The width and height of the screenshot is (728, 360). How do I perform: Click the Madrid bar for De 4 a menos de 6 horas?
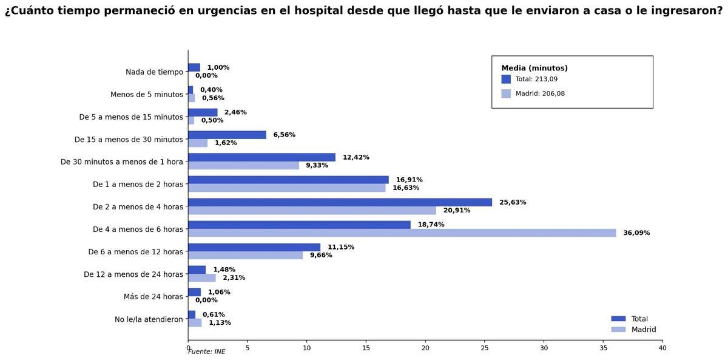[x=402, y=233]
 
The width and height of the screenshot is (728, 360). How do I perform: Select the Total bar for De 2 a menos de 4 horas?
[x=340, y=202]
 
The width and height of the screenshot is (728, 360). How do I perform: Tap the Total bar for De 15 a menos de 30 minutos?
[x=227, y=135]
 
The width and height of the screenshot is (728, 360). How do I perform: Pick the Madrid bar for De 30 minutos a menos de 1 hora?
[x=243, y=166]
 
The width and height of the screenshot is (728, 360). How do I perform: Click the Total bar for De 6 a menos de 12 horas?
[x=254, y=247]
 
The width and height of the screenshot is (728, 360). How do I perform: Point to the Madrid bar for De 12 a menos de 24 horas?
[x=201, y=278]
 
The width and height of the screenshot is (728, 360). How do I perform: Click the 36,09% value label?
[x=636, y=233]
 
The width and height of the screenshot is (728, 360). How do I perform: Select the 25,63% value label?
[x=513, y=203]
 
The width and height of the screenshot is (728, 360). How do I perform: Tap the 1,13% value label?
[x=220, y=323]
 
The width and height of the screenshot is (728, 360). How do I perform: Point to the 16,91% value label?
[x=409, y=180]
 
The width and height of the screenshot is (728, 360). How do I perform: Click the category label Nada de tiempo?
[x=154, y=72]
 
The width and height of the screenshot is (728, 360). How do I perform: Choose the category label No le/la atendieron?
[x=149, y=319]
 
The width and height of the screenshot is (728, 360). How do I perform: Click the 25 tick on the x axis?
[x=485, y=348]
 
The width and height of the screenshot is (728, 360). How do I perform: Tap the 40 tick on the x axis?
[x=662, y=348]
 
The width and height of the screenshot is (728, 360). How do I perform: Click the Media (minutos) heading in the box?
[x=534, y=69]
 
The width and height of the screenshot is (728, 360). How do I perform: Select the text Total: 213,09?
[x=536, y=80]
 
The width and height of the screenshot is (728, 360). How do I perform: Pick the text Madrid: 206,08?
[x=540, y=94]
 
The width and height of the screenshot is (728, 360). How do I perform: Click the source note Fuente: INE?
[x=206, y=352]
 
